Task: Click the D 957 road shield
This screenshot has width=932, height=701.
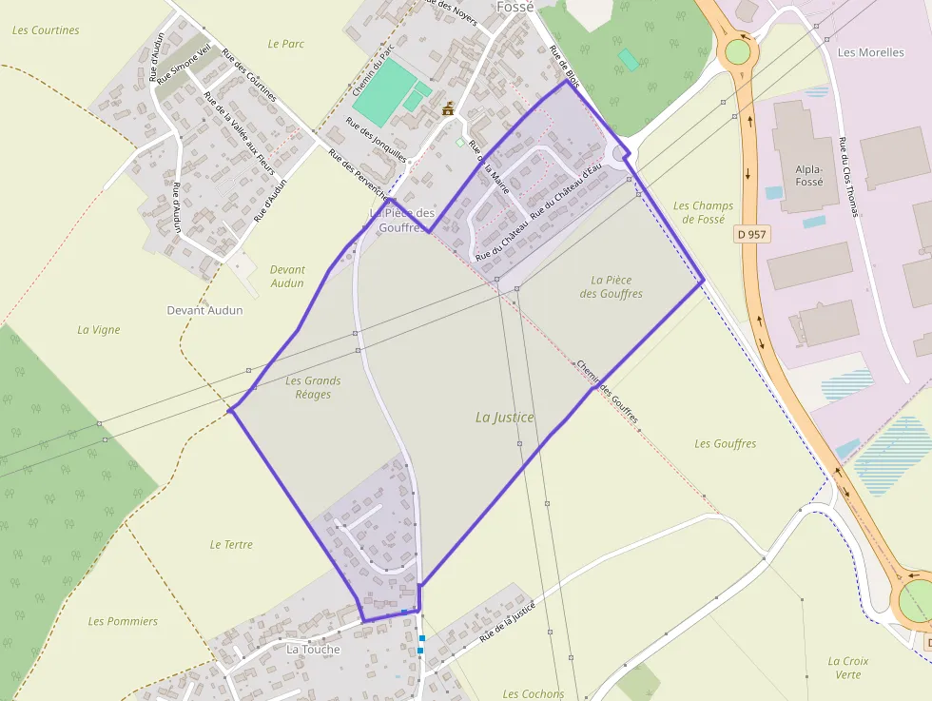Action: pos(751,234)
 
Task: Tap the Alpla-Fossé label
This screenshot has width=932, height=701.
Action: pos(808,175)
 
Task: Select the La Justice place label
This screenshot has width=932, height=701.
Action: pos(505,417)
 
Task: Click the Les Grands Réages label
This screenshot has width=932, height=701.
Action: pos(313,387)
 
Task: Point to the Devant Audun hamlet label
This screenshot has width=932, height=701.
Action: pos(204,310)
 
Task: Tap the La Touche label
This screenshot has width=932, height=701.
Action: pos(313,650)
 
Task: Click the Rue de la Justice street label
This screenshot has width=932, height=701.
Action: pos(507,621)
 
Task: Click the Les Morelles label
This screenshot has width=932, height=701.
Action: pos(870,52)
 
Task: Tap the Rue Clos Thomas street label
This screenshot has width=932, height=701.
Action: pos(848,176)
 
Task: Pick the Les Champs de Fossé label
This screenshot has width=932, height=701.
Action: pos(703,212)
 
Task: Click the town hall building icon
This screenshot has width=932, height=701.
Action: pos(448,109)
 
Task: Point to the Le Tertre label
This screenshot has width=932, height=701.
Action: pos(231,545)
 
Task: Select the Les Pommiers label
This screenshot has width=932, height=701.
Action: pos(123,621)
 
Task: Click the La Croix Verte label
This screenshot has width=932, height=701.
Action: pos(847,668)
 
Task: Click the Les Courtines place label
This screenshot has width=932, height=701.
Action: pos(46,30)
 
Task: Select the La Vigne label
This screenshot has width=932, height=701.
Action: pos(99,330)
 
